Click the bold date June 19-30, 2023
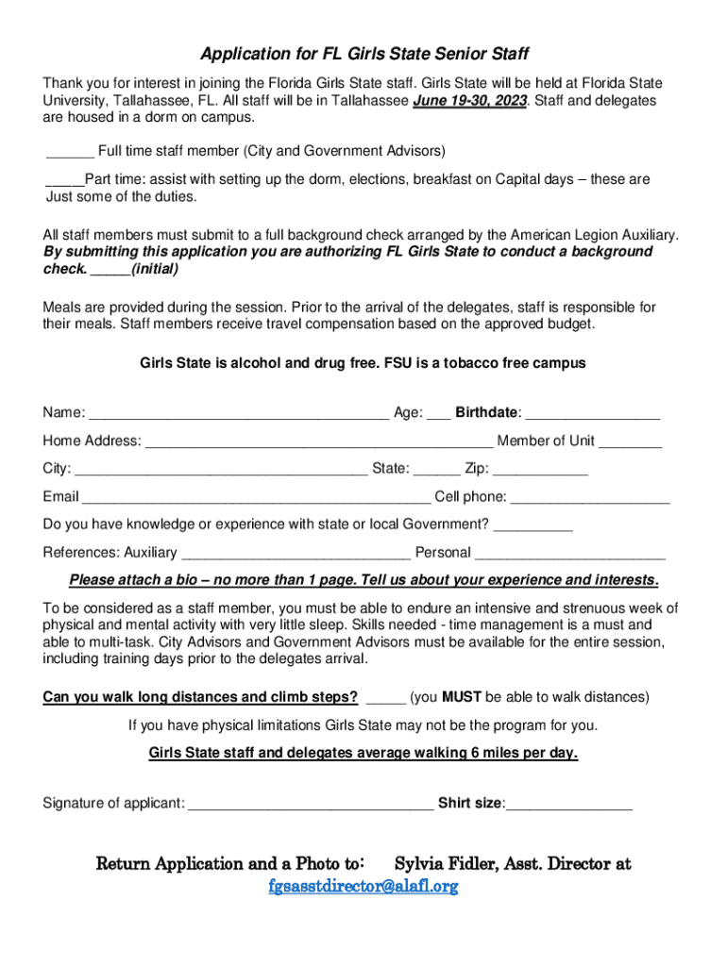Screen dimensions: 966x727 point(469,101)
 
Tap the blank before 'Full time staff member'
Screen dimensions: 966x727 point(70,152)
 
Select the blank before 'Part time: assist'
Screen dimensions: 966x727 point(64,180)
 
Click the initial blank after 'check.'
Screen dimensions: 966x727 point(110,270)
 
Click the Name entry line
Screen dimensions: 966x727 point(239,413)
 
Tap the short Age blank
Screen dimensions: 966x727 point(438,413)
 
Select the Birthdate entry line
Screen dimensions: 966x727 point(593,413)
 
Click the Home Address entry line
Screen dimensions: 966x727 point(319,441)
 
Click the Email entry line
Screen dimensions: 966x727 point(256,498)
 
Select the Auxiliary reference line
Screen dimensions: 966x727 point(296,554)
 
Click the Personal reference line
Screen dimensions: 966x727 point(570,554)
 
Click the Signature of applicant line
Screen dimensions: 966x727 point(311,805)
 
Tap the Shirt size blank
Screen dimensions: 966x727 point(569,805)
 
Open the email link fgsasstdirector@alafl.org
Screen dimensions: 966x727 point(363,887)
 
